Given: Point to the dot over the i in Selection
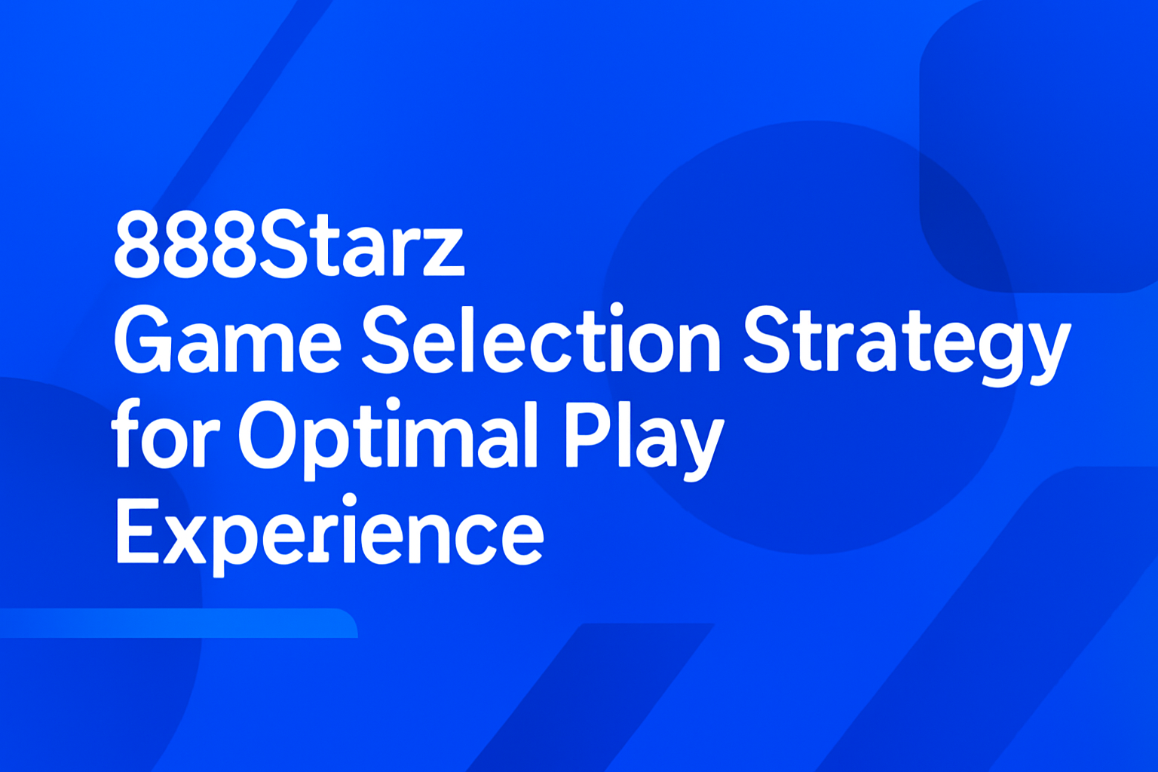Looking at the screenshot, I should point(617,308).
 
